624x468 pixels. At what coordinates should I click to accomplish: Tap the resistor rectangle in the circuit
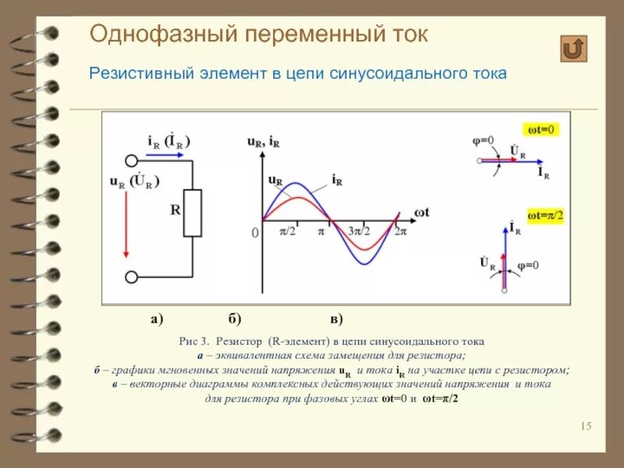click(x=192, y=213)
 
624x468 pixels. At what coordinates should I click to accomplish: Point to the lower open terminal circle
click(x=131, y=277)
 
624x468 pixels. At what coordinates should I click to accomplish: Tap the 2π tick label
click(x=400, y=232)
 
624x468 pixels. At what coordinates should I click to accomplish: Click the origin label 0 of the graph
click(x=254, y=232)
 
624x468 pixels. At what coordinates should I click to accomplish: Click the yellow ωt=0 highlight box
click(x=541, y=129)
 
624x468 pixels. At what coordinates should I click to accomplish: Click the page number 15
click(x=587, y=425)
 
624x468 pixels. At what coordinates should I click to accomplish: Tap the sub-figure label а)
click(x=156, y=319)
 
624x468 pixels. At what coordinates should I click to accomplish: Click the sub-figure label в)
click(x=337, y=319)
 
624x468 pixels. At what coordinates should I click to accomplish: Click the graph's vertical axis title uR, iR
click(x=264, y=142)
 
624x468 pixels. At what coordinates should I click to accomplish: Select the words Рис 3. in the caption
click(x=194, y=342)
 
